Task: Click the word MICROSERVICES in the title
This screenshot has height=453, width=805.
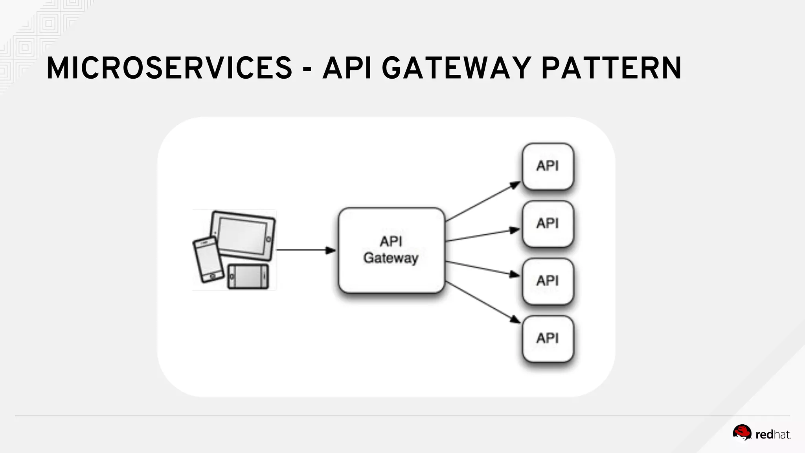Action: point(169,68)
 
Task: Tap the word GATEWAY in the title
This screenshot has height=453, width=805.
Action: point(456,68)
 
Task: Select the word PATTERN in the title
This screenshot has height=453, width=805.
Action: point(611,68)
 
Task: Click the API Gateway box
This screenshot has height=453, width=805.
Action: point(391,250)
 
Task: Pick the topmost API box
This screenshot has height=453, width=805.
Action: point(548,166)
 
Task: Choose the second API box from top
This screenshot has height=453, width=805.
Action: point(548,223)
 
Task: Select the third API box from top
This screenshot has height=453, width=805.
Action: point(548,281)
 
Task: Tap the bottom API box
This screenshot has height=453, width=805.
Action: point(548,338)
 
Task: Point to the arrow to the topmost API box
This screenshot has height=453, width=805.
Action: point(483,201)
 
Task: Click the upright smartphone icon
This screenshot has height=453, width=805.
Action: point(206,260)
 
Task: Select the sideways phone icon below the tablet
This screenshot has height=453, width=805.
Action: point(248,277)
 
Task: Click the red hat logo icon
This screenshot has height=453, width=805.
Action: point(742,433)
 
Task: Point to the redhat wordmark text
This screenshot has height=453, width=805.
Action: point(772,435)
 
